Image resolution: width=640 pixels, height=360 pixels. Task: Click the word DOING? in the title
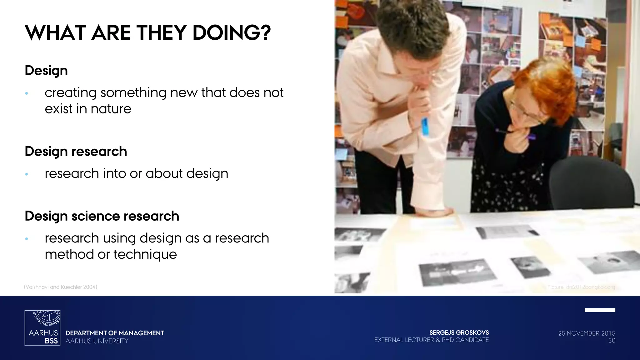[x=231, y=33]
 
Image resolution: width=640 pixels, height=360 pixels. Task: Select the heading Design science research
[x=102, y=216]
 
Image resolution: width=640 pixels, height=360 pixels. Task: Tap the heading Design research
[x=76, y=151]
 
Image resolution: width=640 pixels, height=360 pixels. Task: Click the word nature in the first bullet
[x=111, y=109]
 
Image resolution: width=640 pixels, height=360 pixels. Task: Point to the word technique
[x=145, y=254]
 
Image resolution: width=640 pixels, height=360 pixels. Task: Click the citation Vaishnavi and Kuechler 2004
[x=61, y=287]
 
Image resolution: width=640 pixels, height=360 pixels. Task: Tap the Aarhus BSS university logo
[x=42, y=328]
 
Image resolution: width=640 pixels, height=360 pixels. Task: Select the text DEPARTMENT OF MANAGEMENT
[x=115, y=333]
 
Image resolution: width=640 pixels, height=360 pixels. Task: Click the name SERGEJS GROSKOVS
[x=459, y=333]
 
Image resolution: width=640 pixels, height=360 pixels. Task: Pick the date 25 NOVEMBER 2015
[x=587, y=333]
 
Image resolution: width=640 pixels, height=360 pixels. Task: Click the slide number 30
[x=612, y=341]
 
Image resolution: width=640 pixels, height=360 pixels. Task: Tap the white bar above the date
[x=600, y=310]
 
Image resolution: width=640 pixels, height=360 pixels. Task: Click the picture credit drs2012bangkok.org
[x=581, y=287]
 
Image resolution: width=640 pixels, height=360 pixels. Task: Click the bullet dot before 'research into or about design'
[x=27, y=174]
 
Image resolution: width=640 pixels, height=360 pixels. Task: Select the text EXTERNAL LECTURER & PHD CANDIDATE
[x=431, y=340]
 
